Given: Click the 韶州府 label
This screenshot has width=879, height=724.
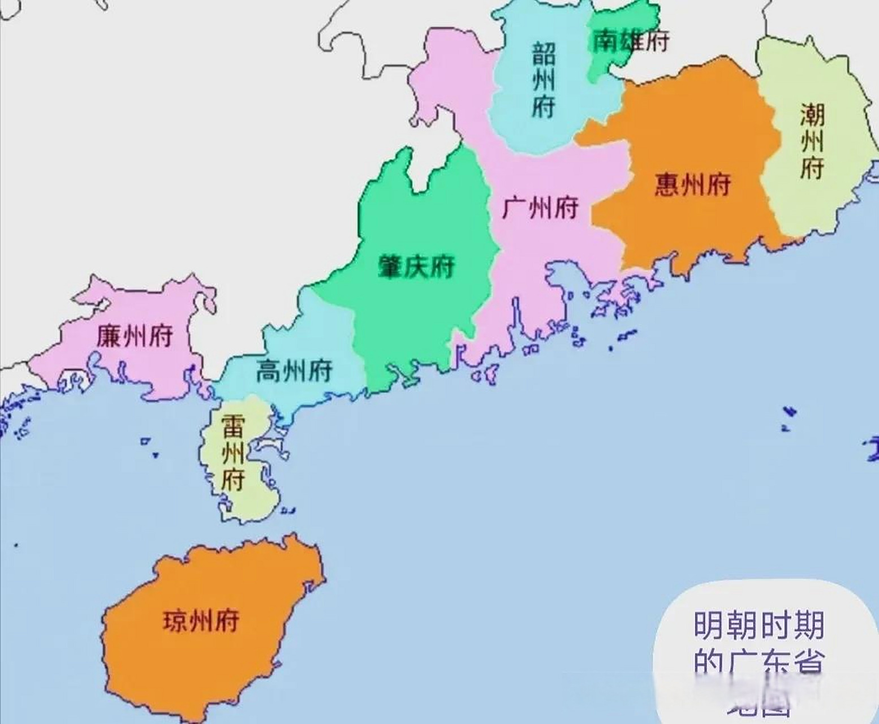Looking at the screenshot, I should [543, 80].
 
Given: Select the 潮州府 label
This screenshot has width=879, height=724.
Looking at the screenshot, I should [812, 141].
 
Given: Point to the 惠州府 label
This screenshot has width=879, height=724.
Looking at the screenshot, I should [693, 184].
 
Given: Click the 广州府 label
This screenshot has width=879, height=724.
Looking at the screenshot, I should [540, 208].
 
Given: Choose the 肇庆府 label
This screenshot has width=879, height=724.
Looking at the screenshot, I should [416, 266].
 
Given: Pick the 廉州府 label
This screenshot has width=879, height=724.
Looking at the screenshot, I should [135, 336].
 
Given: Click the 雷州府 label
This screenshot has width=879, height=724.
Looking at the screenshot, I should [233, 453].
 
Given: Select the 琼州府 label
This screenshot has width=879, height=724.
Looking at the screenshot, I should [201, 620].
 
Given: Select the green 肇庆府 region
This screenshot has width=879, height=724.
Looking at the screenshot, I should [419, 317].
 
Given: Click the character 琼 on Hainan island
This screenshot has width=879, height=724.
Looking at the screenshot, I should [176, 620].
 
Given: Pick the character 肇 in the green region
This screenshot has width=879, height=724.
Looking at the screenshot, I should [390, 266].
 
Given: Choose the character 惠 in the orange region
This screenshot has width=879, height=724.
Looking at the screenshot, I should [667, 184].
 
